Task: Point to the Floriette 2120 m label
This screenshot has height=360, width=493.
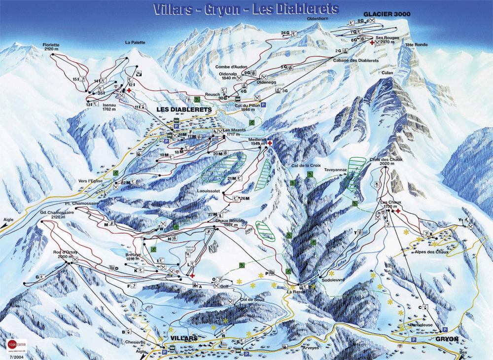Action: click(x=51, y=47)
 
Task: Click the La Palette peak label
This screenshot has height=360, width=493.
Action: click(x=135, y=42)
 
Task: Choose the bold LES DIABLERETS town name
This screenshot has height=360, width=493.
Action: click(x=183, y=109)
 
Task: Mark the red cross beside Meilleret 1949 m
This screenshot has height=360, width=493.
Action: click(x=270, y=143)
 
